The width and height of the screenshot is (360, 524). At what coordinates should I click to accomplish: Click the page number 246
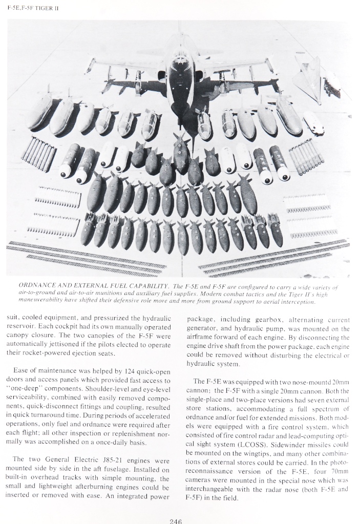coord(176,521)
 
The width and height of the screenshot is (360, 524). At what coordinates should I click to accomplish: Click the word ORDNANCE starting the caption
coord(38,285)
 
